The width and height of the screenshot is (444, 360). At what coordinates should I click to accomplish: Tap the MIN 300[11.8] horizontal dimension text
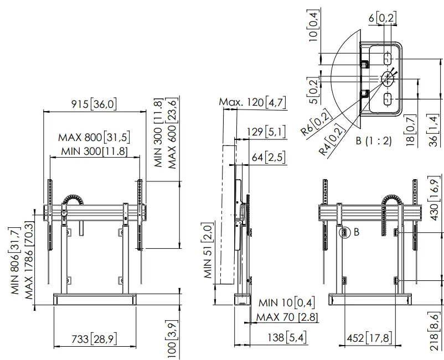point(94,151)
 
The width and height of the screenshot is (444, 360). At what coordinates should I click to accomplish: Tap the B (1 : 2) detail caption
point(374,140)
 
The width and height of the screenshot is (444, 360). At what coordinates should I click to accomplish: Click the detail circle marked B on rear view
point(343,233)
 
